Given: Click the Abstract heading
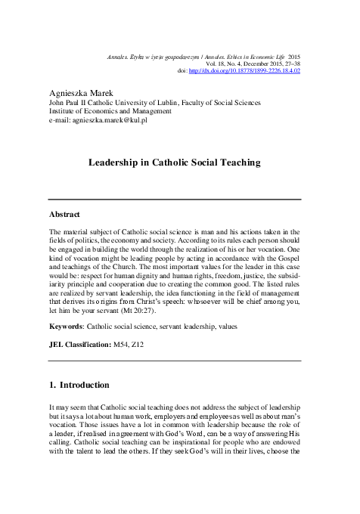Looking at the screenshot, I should (65, 215).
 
